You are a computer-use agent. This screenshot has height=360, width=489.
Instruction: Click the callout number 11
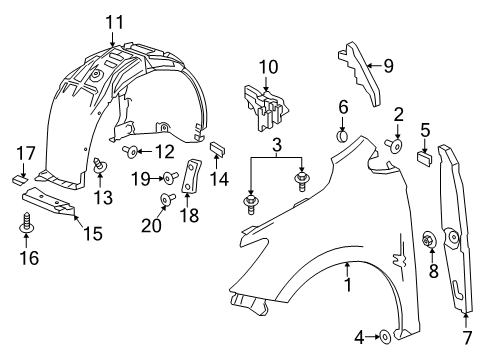tap(115, 21)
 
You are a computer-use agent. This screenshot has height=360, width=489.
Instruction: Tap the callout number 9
tap(389, 67)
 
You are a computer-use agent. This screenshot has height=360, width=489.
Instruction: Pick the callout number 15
tap(93, 235)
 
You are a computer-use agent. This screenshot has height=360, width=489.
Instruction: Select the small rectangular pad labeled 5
tap(423, 156)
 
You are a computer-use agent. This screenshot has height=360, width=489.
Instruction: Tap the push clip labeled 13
tap(99, 165)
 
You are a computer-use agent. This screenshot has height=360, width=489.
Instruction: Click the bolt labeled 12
tap(132, 151)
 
